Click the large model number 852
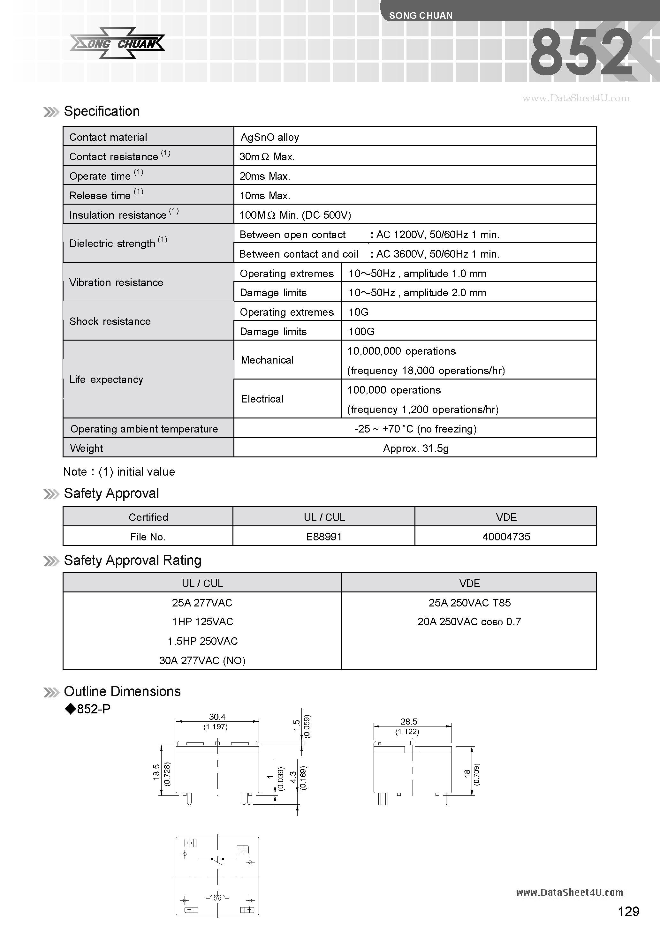[581, 53]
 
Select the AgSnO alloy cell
[270, 137]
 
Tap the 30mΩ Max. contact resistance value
[267, 157]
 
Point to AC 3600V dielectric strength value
[438, 254]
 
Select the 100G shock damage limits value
[361, 332]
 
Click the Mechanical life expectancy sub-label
[267, 360]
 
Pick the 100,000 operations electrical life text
[394, 390]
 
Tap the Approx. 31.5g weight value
[415, 448]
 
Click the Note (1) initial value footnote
[119, 472]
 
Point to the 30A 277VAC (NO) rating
[202, 660]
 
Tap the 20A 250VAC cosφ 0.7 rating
[469, 622]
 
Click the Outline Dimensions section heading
[122, 691]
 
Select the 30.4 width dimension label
[217, 717]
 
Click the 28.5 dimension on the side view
[408, 722]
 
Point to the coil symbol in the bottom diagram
[217, 897]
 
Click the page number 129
[628, 912]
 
